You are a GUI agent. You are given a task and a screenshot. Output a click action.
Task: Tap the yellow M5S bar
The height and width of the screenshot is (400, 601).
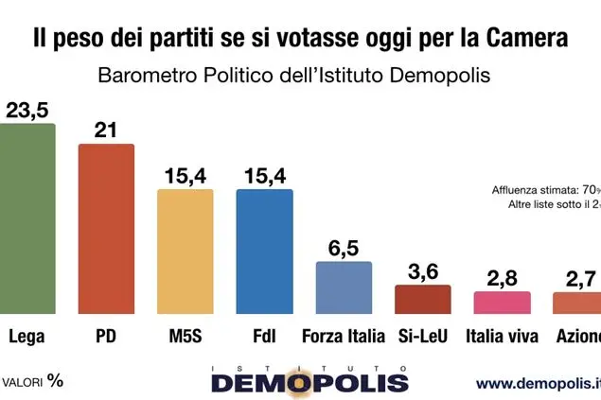(185, 252)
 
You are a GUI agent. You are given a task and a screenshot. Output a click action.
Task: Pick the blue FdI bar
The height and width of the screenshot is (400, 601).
(264, 252)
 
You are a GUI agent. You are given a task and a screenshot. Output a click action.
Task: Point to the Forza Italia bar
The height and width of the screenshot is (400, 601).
(343, 287)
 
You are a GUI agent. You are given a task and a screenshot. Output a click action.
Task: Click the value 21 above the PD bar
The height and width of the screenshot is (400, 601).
(105, 130)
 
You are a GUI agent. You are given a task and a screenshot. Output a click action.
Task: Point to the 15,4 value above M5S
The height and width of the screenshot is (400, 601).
(185, 175)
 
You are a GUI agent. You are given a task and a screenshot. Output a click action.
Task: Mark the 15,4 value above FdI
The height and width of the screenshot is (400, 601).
(264, 175)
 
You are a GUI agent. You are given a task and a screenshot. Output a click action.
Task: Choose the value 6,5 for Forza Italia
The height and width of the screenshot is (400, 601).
(343, 247)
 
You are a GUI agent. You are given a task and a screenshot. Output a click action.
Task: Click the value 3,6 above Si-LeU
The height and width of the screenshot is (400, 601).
(423, 270)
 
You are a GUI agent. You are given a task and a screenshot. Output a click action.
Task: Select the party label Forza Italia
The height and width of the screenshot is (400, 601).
(343, 337)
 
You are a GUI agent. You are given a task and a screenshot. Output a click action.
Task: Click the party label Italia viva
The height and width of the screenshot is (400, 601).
(503, 337)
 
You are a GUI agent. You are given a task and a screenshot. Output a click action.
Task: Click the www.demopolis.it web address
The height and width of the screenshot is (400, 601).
(538, 383)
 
